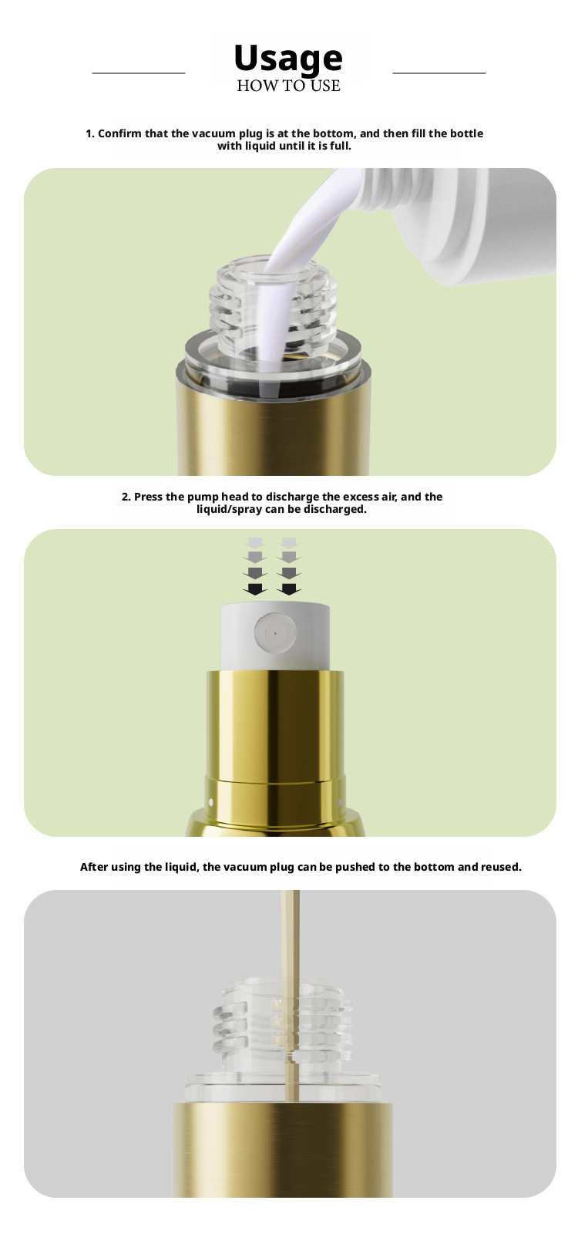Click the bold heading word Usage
point(288,59)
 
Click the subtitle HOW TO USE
point(288,86)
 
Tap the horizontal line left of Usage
point(139,72)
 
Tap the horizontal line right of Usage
point(439,72)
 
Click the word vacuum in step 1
point(213,133)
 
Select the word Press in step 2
point(147,497)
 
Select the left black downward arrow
point(255,589)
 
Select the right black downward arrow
point(289,589)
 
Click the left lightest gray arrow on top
point(255,543)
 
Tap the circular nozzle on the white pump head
point(275,633)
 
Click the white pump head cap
point(275,637)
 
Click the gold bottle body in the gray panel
point(282,1150)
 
